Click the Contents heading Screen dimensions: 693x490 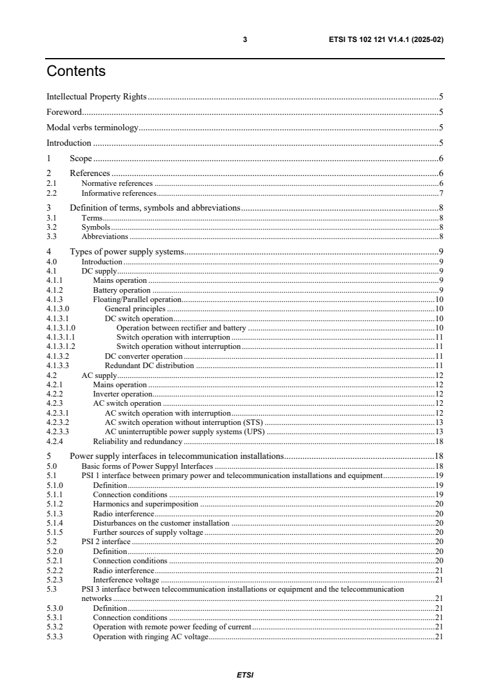[76, 72]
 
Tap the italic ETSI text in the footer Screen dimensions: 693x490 [245, 675]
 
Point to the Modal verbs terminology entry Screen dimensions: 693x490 [92, 128]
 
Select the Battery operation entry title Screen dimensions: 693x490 [122, 290]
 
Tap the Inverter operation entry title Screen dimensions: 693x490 [122, 394]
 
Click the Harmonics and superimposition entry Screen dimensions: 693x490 [146, 504]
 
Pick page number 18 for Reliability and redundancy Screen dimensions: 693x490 [439, 442]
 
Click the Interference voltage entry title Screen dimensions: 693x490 [126, 580]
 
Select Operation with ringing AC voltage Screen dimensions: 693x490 [151, 637]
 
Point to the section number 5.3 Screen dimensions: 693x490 [51, 589]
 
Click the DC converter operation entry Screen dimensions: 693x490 [143, 356]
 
